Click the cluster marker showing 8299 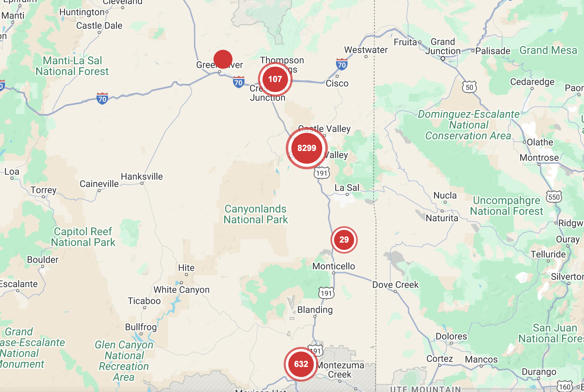pos(306,148)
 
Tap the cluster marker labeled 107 pos(275,79)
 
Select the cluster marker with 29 pos(344,240)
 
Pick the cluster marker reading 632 pos(301,364)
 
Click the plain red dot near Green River pos(223,59)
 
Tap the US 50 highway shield pos(469,87)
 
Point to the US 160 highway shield pos(565,387)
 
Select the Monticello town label pos(334,266)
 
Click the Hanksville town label pos(142,177)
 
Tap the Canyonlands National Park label pos(256,214)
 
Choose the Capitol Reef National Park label pos(83,237)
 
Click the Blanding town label pos(315,310)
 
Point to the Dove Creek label pos(395,285)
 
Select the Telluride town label pos(548,255)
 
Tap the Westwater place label pos(366,50)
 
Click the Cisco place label pos(337,84)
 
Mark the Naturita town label pos(442,218)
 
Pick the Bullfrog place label pos(141,327)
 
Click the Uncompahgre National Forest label pos(507,206)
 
